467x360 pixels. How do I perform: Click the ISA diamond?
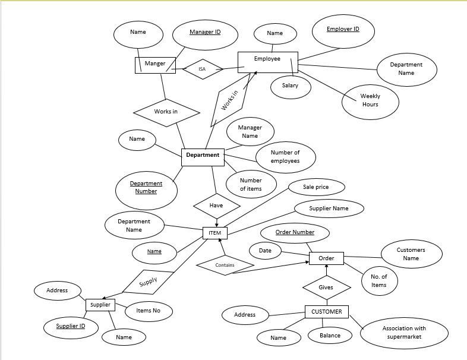click(x=202, y=69)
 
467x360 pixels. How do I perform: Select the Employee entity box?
click(x=267, y=62)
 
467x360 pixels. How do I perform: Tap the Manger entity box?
click(x=155, y=64)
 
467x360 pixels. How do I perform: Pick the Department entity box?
click(x=203, y=156)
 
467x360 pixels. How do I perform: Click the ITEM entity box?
click(x=214, y=233)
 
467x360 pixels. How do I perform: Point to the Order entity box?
click(x=326, y=258)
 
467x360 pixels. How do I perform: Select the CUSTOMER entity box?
click(x=327, y=311)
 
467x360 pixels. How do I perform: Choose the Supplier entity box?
click(x=100, y=305)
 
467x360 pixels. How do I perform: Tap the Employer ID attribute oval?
click(x=343, y=31)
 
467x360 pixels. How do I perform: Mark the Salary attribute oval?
click(x=291, y=86)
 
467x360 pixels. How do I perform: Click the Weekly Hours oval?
click(x=370, y=100)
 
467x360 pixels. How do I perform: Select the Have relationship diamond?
click(x=216, y=206)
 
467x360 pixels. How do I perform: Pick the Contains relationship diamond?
click(x=225, y=265)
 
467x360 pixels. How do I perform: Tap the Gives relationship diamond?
click(x=326, y=288)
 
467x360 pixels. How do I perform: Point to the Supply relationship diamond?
click(x=149, y=282)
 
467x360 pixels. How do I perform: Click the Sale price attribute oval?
click(x=315, y=187)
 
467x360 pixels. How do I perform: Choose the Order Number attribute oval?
click(x=295, y=232)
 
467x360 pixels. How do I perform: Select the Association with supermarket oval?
click(x=403, y=333)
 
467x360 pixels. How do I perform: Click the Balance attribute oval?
click(x=330, y=336)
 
